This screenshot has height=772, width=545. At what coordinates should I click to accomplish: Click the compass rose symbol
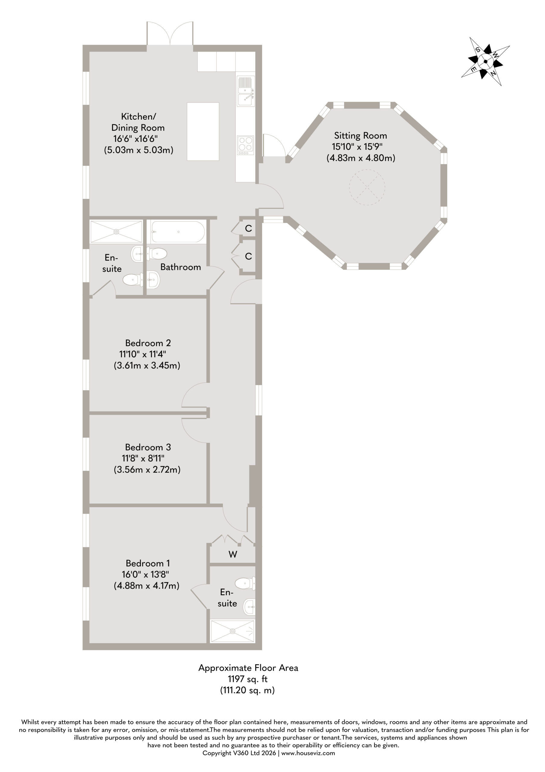[485, 61]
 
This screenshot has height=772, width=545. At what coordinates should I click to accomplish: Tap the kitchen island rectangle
[203, 131]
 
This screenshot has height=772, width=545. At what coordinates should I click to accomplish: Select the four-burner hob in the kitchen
[245, 145]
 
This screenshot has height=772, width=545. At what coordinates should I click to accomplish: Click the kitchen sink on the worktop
[246, 91]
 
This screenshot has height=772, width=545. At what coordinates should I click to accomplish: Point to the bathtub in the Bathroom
[178, 232]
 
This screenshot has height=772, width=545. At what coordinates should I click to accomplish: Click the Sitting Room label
[361, 135]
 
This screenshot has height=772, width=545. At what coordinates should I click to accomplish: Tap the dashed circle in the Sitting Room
[367, 187]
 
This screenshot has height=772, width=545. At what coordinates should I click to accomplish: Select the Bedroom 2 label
[148, 343]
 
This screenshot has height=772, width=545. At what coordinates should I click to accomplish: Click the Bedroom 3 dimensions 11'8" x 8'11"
[143, 458]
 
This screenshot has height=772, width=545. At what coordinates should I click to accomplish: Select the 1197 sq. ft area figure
[248, 679]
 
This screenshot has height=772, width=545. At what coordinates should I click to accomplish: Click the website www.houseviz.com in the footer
[308, 753]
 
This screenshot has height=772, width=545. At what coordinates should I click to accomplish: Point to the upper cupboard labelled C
[248, 229]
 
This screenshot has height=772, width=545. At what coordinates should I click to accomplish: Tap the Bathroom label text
[181, 267]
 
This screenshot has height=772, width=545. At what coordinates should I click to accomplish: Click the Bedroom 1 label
[148, 563]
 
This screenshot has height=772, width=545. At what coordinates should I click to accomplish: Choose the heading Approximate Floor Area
[248, 668]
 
